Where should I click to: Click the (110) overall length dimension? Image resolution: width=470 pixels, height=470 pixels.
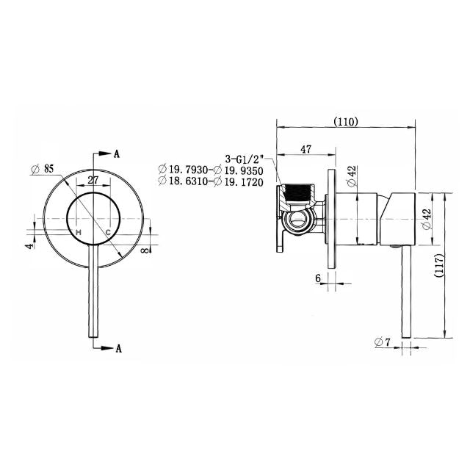click(x=345, y=122)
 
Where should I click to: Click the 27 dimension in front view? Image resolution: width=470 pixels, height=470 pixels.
click(x=94, y=180)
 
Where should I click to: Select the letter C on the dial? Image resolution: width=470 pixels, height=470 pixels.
click(x=108, y=233)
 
